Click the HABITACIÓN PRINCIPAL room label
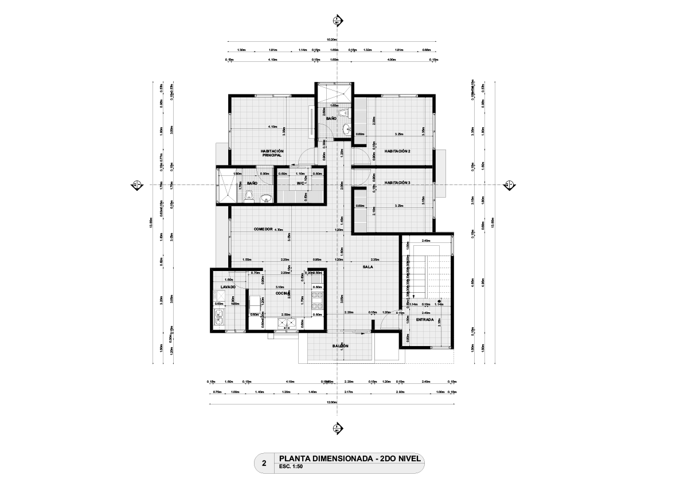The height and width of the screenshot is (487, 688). click(272, 153)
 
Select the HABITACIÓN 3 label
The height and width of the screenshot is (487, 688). click(397, 183)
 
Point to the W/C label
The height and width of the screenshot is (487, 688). click(300, 183)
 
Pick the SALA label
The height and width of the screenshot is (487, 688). click(368, 267)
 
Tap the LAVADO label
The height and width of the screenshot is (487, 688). click(221, 286)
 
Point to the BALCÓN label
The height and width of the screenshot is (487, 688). click(341, 346)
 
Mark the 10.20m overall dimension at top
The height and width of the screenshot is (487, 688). click(331, 40)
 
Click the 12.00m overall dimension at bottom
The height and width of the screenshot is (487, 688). click(331, 402)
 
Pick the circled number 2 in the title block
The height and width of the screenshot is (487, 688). click(264, 464)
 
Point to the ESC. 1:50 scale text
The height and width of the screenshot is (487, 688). click(290, 467)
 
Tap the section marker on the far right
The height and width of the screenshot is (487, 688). click(508, 185)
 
